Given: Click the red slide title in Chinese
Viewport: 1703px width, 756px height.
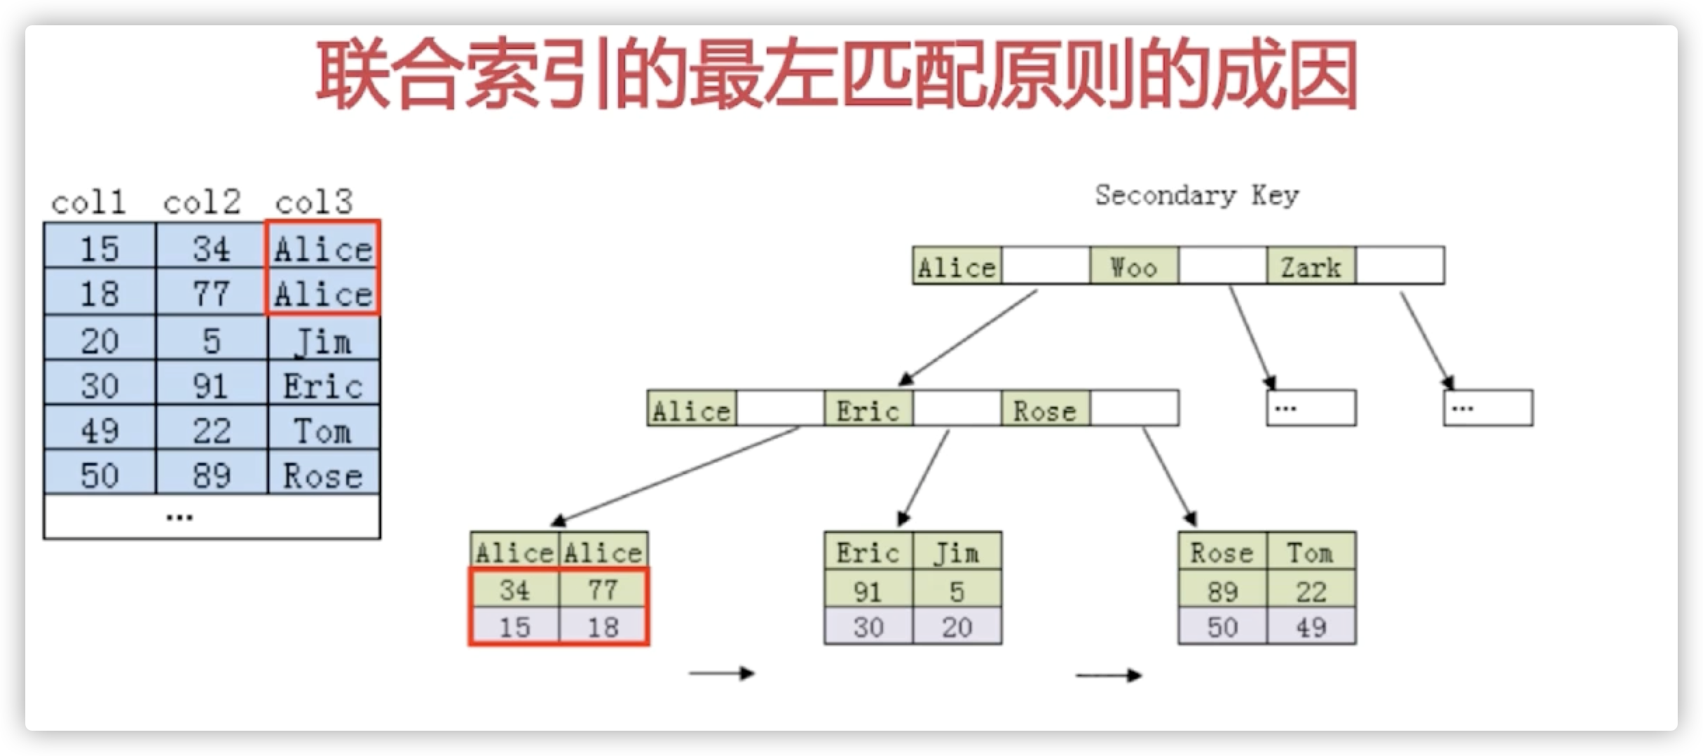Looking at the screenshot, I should pos(837,76).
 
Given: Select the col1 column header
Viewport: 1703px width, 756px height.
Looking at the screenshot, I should pos(89,203).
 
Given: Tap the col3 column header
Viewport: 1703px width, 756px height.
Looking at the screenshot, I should pos(313,203).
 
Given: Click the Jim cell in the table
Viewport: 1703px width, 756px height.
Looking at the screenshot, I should pos(323,342).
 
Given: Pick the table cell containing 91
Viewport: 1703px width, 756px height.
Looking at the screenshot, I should pos(211,386).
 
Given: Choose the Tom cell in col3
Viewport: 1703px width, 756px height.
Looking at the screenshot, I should pos(323,431).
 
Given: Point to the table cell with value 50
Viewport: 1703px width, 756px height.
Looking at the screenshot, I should pos(100,475).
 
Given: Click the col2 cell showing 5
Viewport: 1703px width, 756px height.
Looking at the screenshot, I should pos(211,342).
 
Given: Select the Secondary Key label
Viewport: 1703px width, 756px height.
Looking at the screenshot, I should pos(1197,195).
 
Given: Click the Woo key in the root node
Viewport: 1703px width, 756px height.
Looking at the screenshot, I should pos(1134,266).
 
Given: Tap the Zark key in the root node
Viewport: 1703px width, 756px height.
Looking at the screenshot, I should pos(1311,266).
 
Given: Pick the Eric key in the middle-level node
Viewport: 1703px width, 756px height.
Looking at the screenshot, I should pos(868,410).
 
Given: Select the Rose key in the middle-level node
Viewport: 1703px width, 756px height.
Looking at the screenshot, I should pos(1045,410).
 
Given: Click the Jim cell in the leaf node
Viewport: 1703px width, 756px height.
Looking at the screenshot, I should pos(957,553).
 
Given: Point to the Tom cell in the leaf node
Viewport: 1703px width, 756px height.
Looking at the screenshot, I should pos(1311,553).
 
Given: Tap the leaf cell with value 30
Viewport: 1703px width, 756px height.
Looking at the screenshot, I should pos(868,626).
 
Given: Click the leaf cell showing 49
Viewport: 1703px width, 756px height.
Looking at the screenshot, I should pos(1311,626).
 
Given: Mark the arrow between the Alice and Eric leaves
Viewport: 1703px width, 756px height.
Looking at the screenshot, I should pos(722,673).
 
